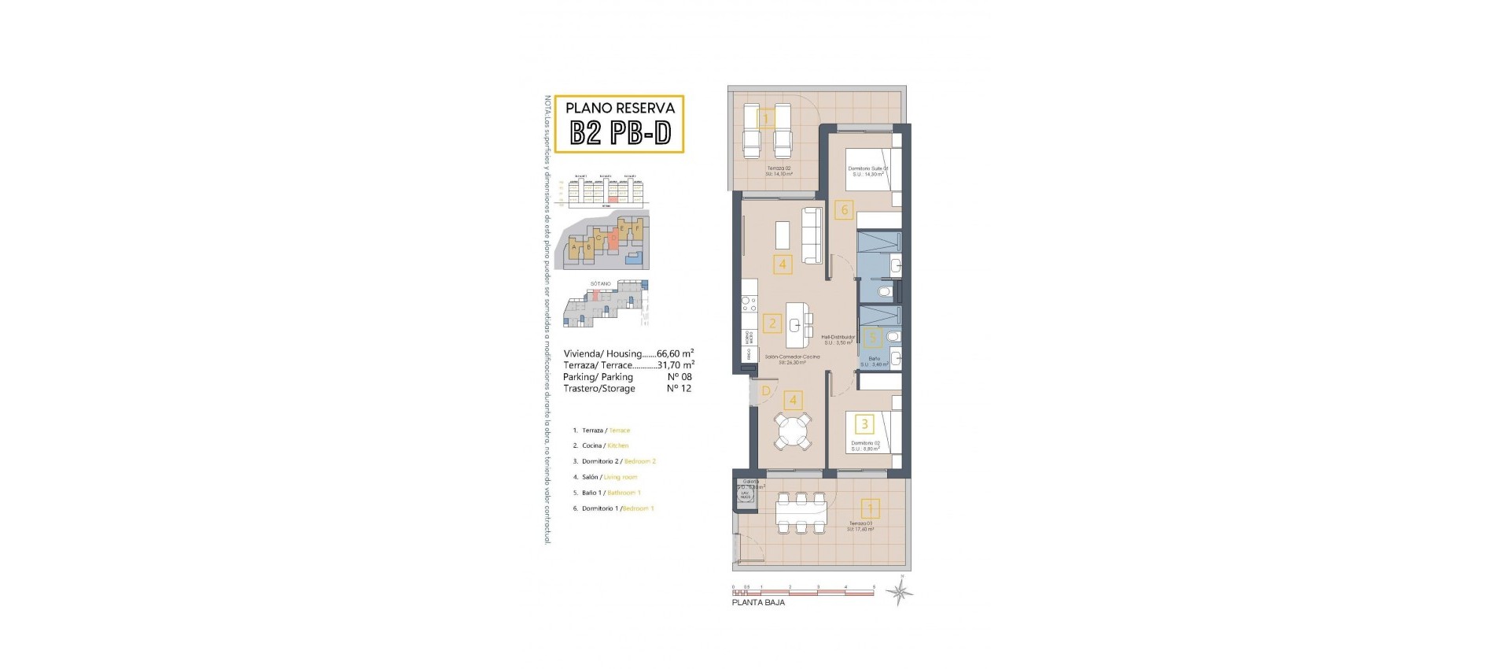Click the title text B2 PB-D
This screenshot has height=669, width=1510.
(x=620, y=133)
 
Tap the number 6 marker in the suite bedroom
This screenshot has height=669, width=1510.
(x=845, y=209)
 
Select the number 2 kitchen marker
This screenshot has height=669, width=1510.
(x=772, y=323)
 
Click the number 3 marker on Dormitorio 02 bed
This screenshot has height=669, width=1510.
(x=864, y=424)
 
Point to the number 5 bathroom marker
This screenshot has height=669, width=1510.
(x=871, y=339)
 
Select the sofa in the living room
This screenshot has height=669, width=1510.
(x=812, y=235)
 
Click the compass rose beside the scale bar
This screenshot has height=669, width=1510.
(x=899, y=592)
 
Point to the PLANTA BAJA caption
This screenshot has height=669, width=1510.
(x=758, y=603)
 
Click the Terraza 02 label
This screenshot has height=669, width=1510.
(x=779, y=171)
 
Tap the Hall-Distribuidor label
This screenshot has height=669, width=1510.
(x=838, y=339)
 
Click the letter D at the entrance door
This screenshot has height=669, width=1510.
(x=765, y=390)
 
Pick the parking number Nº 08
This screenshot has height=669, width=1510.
(x=679, y=377)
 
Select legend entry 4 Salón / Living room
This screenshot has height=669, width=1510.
(x=606, y=477)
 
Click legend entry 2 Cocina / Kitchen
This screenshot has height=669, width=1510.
(x=601, y=445)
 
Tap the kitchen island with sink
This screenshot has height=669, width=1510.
(x=798, y=326)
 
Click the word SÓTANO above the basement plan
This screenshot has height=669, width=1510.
(x=600, y=283)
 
